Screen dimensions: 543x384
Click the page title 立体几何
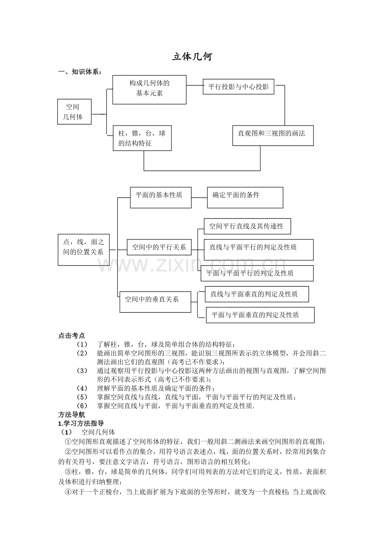[192, 57]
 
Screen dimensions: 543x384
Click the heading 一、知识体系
[80, 72]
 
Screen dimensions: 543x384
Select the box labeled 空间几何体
[74, 112]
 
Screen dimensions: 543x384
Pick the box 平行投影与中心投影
[238, 86]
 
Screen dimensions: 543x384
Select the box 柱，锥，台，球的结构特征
[142, 138]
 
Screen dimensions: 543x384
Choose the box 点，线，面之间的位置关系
[83, 249]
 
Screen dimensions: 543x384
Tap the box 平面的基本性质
[161, 197]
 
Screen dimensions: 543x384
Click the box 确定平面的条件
[245, 197]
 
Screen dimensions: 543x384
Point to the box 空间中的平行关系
[159, 247]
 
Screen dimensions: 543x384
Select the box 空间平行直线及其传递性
[247, 226]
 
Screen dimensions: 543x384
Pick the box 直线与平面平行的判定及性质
[258, 249]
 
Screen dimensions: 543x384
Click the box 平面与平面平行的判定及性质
[257, 273]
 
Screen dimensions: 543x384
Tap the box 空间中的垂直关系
[155, 302]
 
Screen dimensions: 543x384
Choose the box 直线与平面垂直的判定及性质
[257, 294]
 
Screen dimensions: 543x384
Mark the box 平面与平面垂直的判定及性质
[260, 315]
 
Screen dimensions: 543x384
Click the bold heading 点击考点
[71, 336]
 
